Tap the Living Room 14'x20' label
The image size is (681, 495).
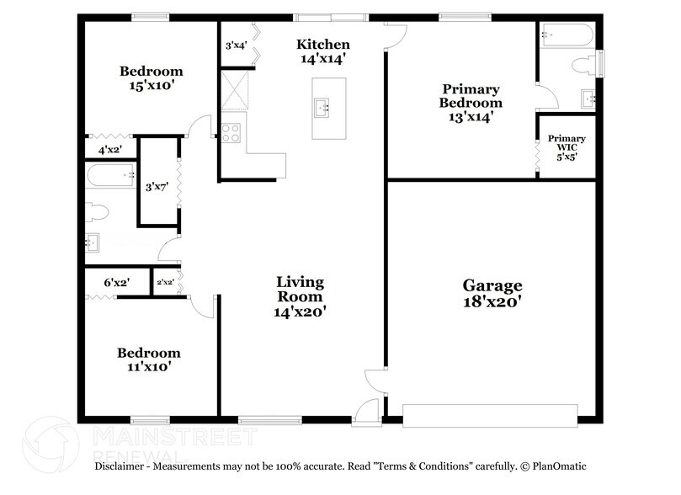point(300,295)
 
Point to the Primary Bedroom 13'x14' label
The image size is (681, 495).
point(471,103)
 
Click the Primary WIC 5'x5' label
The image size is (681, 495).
point(567,146)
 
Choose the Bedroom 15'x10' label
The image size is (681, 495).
point(151,78)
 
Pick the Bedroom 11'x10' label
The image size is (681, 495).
point(148,359)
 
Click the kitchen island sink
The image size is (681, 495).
point(322,108)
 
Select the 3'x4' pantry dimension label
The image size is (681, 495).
point(237,46)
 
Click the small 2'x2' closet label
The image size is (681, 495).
point(164,283)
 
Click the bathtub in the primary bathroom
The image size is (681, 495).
point(567,35)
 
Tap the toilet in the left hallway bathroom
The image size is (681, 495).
point(97,210)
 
